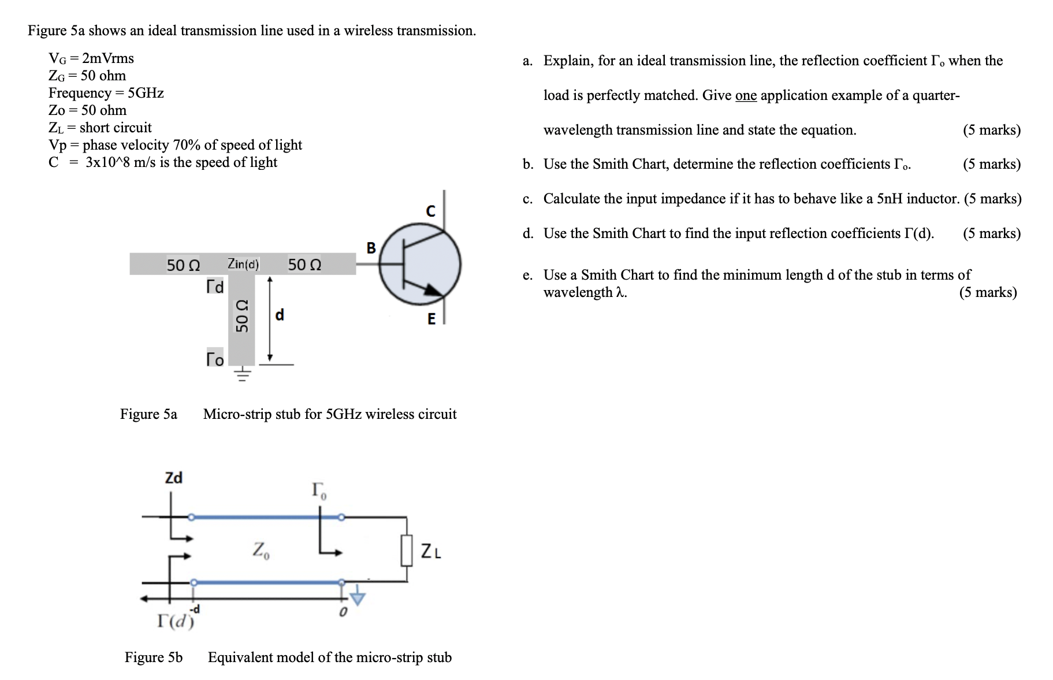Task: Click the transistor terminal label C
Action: point(430,211)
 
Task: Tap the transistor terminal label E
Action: point(431,319)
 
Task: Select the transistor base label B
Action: point(371,248)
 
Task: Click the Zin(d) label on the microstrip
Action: point(243,264)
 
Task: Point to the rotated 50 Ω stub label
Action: point(241,315)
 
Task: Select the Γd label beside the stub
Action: point(215,287)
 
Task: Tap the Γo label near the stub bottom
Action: point(215,359)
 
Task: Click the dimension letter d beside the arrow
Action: point(280,315)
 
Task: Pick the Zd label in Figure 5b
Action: point(173,478)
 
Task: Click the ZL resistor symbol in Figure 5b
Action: point(407,550)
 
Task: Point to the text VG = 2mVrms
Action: point(91,58)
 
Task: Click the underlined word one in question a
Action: point(746,95)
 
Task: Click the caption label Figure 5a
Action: point(148,414)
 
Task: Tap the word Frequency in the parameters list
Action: point(80,93)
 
